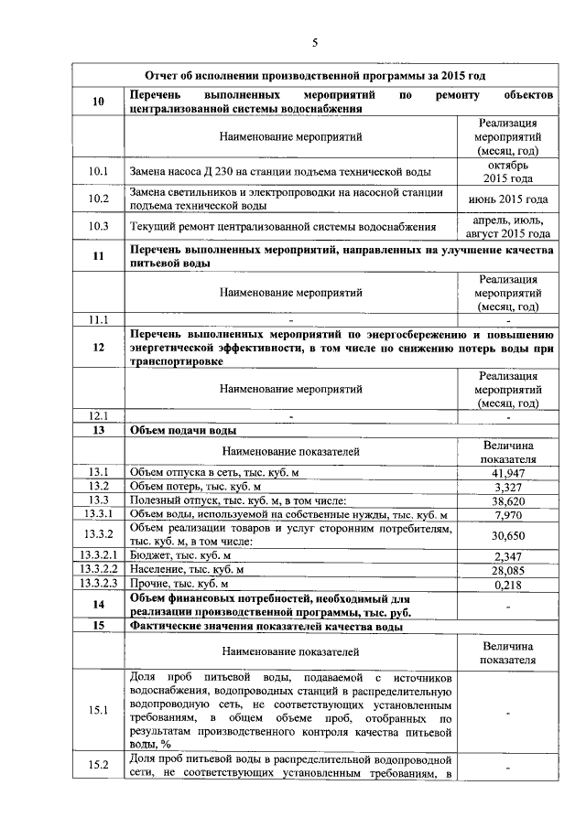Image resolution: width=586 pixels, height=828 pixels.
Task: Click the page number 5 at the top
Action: (x=314, y=42)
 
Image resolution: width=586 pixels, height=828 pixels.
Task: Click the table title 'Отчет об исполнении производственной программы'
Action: (x=314, y=75)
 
